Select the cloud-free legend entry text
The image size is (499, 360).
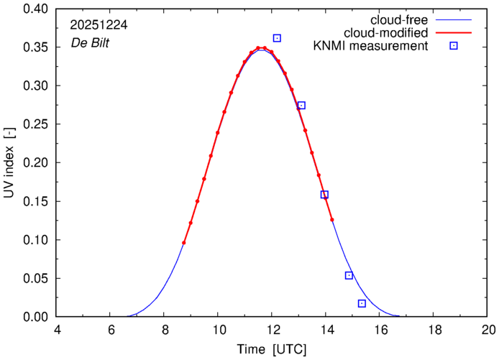(398, 19)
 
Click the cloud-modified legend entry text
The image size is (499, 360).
(387, 33)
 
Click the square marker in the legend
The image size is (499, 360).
(454, 47)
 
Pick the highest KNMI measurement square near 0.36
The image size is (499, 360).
(277, 38)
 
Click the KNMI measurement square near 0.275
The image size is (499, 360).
(301, 106)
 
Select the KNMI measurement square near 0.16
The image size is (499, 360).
(324, 195)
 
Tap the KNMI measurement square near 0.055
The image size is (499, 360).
(349, 275)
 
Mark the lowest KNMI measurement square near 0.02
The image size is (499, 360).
(362, 303)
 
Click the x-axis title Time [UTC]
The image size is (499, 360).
(273, 349)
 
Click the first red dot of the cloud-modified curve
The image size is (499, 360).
(184, 243)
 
